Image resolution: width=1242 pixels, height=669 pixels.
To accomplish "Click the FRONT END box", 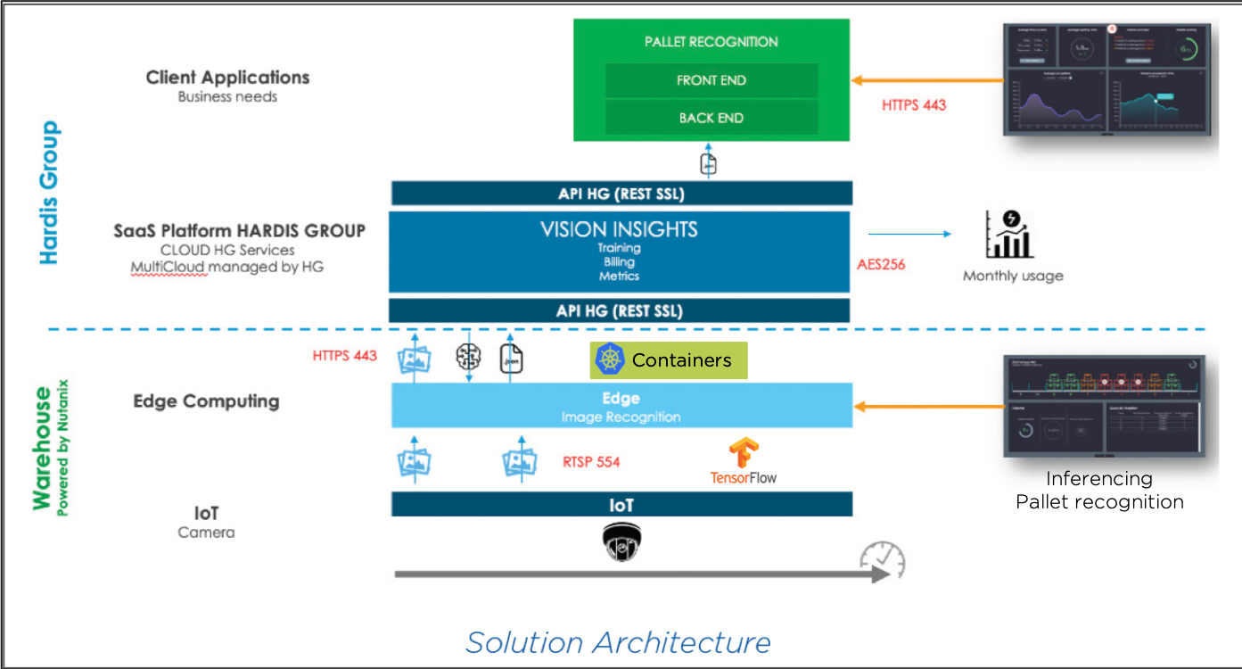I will [711, 80].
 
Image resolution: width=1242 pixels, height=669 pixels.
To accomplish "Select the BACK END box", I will [711, 118].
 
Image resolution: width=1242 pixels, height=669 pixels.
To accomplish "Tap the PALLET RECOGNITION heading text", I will [711, 42].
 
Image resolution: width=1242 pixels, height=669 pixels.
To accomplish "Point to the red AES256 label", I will [881, 265].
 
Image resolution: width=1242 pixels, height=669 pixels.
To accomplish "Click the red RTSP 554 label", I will [591, 462].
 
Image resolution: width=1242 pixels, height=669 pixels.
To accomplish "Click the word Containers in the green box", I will [681, 360].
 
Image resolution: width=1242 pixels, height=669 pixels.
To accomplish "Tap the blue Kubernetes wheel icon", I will [610, 359].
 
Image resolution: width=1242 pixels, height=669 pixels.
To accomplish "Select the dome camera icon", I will [621, 541].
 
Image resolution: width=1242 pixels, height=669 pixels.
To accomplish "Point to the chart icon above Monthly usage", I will [1009, 234].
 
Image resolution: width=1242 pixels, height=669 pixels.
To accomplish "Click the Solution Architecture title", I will [618, 642].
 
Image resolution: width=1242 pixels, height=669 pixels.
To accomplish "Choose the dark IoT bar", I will [621, 505].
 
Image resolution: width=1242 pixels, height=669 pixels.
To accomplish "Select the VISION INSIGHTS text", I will [619, 229].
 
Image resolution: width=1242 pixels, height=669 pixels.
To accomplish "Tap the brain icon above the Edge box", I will [468, 358].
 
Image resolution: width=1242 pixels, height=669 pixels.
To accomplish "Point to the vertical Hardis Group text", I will [50, 193].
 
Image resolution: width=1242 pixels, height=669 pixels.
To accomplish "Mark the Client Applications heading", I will [227, 78].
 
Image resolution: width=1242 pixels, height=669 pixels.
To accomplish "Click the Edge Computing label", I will [206, 401].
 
